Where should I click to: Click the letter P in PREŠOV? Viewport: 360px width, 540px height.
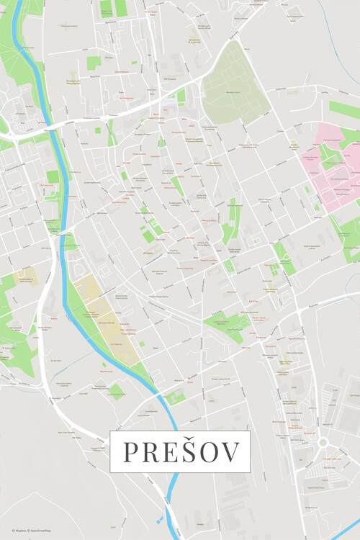pyautogui.click(x=132, y=451)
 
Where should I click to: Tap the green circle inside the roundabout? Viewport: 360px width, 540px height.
pyautogui.click(x=323, y=442)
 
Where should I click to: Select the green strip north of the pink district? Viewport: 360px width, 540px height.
pyautogui.click(x=344, y=109)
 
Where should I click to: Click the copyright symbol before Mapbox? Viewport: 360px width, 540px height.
pyautogui.click(x=13, y=531)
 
